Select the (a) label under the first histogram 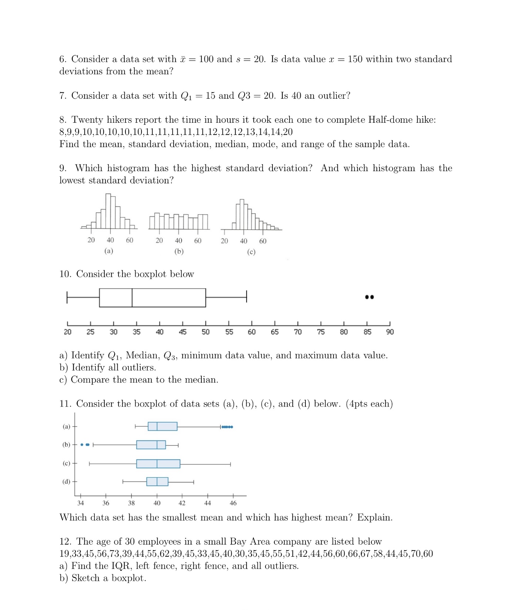108,251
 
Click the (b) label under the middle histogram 179,251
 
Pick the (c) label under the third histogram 251,252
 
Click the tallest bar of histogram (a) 108,211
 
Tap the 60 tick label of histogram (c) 262,241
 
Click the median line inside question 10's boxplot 132,298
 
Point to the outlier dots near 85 369,297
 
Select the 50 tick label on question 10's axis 205,332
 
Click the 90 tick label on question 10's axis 390,332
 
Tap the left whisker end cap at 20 67,298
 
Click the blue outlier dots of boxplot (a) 227,427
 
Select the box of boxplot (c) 158,464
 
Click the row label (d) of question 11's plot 66,481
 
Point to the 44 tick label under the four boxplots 208,503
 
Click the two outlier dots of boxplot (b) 85,445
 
